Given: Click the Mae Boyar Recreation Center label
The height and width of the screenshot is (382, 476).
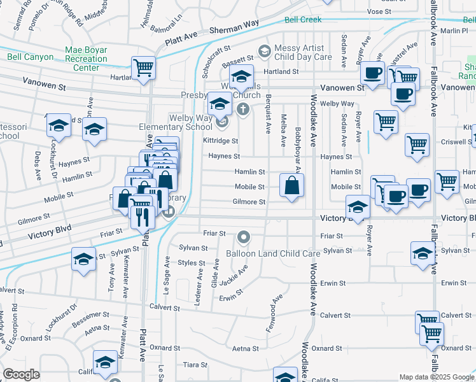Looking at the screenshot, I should pyautogui.click(x=86, y=59).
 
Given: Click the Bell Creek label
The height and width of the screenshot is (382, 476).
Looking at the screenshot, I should pyautogui.click(x=303, y=20).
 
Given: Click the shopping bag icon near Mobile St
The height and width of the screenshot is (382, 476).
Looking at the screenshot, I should pyautogui.click(x=291, y=186).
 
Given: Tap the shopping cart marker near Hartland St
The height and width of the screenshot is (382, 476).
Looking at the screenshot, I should pyautogui.click(x=144, y=67).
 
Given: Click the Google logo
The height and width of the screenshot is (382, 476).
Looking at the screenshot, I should pyautogui.click(x=21, y=374).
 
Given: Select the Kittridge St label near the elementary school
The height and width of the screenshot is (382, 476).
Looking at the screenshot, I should pyautogui.click(x=220, y=141).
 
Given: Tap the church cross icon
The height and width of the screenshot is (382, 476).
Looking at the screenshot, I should pyautogui.click(x=242, y=110).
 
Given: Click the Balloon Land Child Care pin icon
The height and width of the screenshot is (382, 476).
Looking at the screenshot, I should pyautogui.click(x=243, y=238).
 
